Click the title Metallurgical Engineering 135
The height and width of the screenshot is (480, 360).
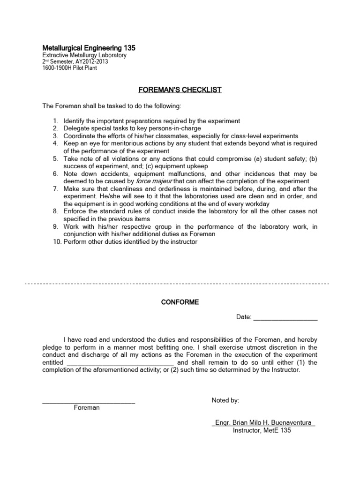click(89, 48)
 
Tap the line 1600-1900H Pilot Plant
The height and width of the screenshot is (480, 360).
click(70, 68)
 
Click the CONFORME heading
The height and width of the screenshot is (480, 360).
click(180, 302)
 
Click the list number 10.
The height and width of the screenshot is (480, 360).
click(56, 242)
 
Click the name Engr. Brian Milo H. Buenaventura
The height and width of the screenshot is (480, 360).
click(262, 423)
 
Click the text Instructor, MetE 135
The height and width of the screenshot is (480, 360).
click(262, 430)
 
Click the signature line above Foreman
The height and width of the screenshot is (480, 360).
click(89, 402)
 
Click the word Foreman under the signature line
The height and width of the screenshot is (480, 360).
click(87, 408)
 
